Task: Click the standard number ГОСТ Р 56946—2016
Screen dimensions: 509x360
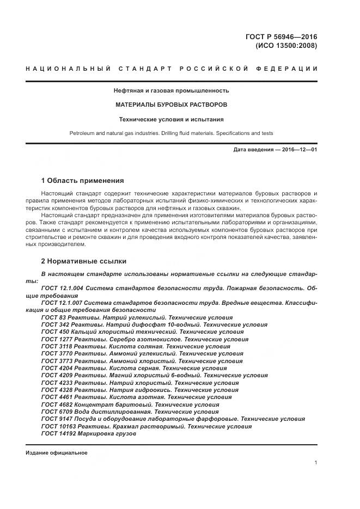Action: tap(282, 37)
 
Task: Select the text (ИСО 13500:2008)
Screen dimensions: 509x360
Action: tap(286, 46)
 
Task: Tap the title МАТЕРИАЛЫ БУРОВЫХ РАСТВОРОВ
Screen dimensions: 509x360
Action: tap(171, 104)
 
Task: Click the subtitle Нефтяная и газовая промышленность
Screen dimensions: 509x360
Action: tap(171, 90)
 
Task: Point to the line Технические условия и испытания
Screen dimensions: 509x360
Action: tap(171, 119)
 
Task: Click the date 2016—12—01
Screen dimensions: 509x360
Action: tap(297, 149)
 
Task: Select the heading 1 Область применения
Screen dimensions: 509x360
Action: tap(83, 180)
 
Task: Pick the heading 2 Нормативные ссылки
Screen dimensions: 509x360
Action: tap(84, 261)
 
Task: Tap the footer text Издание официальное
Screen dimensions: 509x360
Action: tap(57, 453)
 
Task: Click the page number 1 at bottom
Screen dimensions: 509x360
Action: tap(315, 463)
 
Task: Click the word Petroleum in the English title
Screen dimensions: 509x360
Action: tap(83, 133)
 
